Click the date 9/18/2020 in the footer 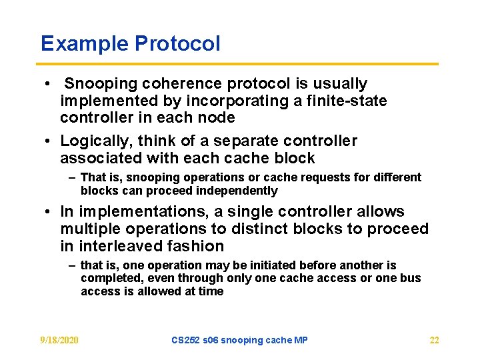59,340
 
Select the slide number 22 434,340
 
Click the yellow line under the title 239,64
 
